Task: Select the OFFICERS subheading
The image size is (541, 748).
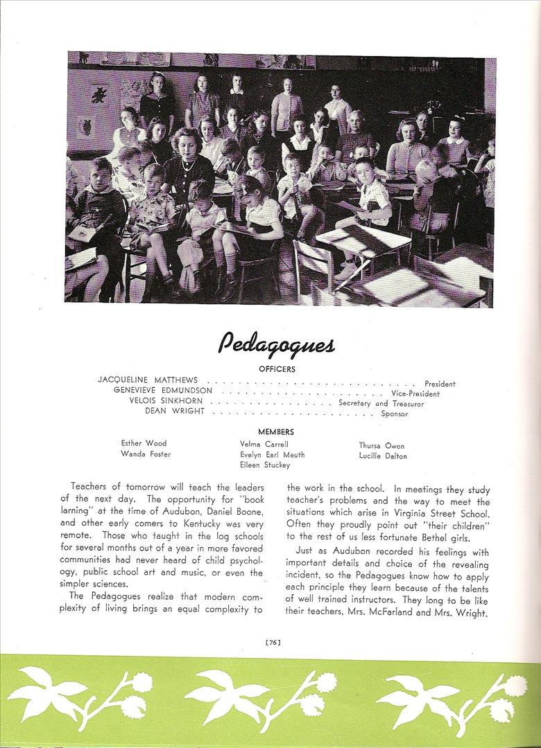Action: tap(277, 369)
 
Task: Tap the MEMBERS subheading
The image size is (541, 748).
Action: tap(276, 431)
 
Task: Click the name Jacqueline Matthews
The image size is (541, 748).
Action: tap(148, 380)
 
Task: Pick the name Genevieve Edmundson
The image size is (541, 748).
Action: tap(163, 391)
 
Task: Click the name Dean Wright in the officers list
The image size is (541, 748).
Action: tap(174, 411)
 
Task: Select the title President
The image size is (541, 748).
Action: tap(440, 384)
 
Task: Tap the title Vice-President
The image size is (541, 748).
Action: tap(415, 394)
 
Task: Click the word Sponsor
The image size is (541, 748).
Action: tap(395, 414)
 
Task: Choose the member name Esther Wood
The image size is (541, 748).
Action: tap(144, 443)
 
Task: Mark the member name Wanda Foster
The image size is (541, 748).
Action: tap(146, 454)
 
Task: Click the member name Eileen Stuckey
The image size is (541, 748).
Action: tap(265, 465)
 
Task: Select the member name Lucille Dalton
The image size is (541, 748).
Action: tap(383, 456)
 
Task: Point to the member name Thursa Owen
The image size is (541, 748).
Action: tap(381, 446)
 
